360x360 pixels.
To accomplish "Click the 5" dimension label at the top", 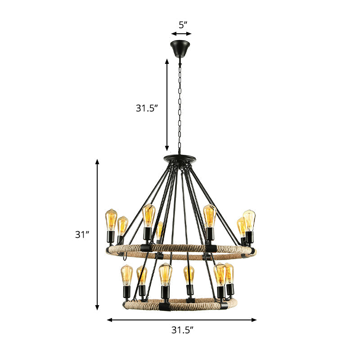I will coord(181,24).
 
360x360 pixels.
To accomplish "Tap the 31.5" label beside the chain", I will coord(147,108).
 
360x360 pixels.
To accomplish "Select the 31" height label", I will coord(82,234).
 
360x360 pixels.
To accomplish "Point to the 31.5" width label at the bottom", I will coord(182,330).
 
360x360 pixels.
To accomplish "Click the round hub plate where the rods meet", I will coord(180,158).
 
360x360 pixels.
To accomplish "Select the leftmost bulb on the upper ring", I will coord(111,220).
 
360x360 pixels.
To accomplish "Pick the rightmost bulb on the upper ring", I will coord(249,220).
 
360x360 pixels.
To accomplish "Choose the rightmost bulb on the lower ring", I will coord(229,274).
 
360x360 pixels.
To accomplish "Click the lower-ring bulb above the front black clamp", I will coord(165,274).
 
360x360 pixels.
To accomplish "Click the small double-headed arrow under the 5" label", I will coord(181,33).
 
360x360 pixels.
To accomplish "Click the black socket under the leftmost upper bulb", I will coord(111,237).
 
